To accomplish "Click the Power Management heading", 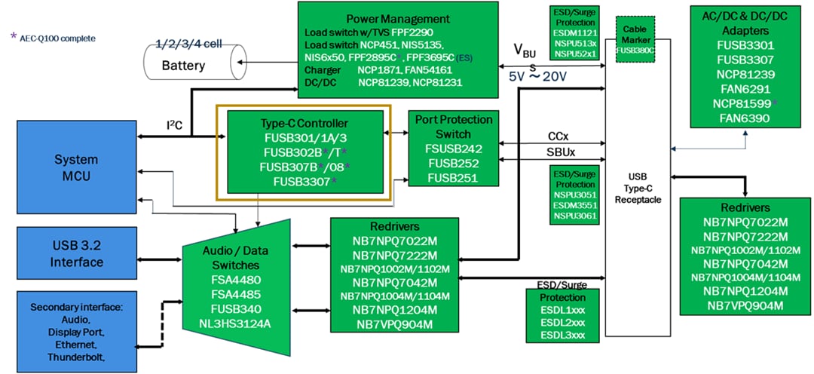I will tap(398, 18).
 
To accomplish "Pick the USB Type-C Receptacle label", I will tap(638, 188).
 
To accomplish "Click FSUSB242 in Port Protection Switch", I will tap(453, 149).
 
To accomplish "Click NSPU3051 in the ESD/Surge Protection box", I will tap(574, 193).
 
